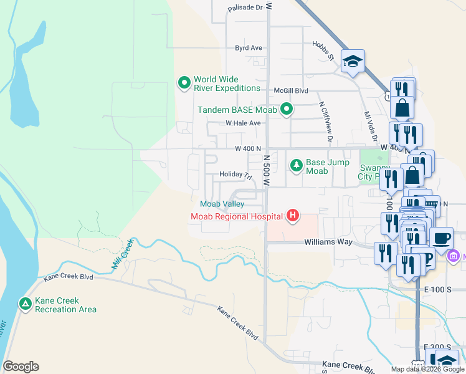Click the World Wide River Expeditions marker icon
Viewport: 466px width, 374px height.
point(184,83)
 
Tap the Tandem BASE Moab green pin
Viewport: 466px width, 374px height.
point(287,110)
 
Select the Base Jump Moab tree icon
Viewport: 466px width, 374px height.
point(297,166)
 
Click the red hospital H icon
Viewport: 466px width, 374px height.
point(292,217)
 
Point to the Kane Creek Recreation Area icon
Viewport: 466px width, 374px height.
point(25,304)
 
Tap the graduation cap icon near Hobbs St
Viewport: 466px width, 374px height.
point(353,61)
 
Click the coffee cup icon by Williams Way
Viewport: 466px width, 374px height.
point(442,238)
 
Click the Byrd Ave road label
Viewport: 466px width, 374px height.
point(248,48)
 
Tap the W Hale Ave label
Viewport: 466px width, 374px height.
point(243,123)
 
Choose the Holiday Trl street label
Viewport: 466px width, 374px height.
point(234,175)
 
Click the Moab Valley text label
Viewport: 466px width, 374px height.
point(221,204)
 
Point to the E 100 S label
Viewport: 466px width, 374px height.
point(436,290)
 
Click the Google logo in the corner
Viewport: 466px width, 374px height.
point(21,367)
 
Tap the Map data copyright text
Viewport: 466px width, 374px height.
point(427,369)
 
